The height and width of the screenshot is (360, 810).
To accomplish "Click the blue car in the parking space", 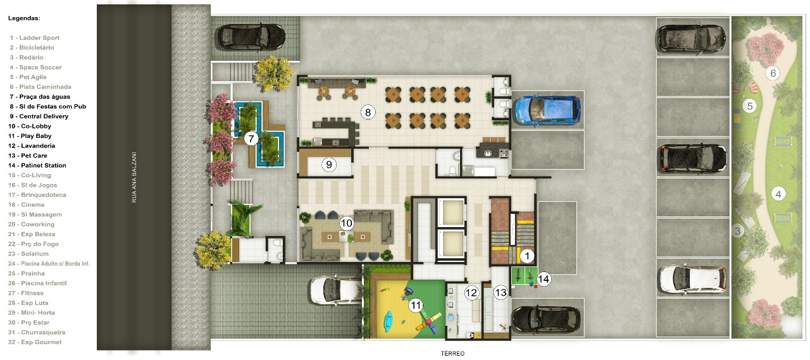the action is tap(547, 110).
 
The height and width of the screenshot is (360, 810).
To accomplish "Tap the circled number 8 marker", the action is tap(368, 113).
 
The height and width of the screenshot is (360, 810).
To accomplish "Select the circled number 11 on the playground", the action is tap(416, 306).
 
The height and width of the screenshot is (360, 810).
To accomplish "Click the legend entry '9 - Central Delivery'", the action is tap(39, 116).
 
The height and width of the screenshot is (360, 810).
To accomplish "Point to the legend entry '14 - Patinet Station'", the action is tap(37, 166).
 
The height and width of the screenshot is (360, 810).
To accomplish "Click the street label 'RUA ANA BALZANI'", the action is tap(134, 177).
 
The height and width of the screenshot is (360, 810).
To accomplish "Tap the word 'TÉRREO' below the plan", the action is tap(452, 354).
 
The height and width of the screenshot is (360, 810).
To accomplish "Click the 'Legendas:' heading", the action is tap(24, 18).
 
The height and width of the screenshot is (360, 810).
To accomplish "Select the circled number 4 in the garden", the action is tap(778, 194).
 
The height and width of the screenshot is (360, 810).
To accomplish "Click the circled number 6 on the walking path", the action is tap(773, 73).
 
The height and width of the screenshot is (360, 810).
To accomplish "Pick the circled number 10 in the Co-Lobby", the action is tap(346, 223).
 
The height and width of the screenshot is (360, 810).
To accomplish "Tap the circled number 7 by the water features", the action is tap(251, 139).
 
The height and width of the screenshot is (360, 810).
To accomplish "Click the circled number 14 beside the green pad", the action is tap(544, 279).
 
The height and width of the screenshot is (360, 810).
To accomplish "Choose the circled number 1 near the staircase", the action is tap(527, 256).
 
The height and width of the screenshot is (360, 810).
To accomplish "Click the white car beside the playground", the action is tap(335, 290).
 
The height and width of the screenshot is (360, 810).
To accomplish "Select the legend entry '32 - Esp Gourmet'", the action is tap(35, 342).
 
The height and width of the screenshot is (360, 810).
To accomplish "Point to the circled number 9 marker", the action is tap(328, 165).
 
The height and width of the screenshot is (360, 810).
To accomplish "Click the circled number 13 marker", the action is tap(501, 292).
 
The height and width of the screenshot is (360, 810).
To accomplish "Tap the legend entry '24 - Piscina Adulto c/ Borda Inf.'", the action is tap(49, 264).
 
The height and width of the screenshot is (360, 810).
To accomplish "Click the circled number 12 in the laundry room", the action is tap(471, 292).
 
